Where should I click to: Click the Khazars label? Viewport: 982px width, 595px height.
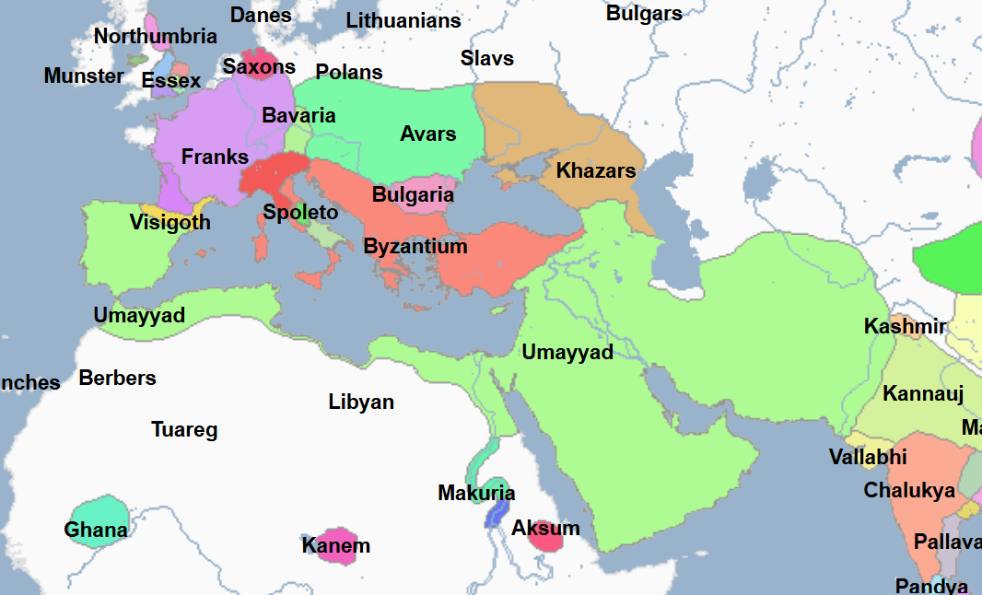(596, 170)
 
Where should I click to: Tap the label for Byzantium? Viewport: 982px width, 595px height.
(415, 247)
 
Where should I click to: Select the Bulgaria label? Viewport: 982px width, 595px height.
(413, 195)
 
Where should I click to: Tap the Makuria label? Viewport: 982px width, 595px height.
(476, 494)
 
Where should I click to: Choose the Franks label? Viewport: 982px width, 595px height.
(215, 157)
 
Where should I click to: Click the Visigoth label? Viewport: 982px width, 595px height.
(170, 222)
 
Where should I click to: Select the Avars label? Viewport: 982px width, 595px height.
(427, 134)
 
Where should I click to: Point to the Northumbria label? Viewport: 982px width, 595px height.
(156, 37)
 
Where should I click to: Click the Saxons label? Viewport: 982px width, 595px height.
(259, 66)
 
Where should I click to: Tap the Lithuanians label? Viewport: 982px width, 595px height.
(403, 20)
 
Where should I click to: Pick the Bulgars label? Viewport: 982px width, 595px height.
(644, 13)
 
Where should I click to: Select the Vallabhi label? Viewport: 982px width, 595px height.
(868, 457)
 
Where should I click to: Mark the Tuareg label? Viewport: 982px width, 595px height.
(184, 430)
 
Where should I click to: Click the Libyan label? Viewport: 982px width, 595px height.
(361, 402)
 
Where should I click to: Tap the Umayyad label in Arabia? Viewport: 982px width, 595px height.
(567, 352)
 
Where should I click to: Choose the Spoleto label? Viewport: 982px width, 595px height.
(300, 212)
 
